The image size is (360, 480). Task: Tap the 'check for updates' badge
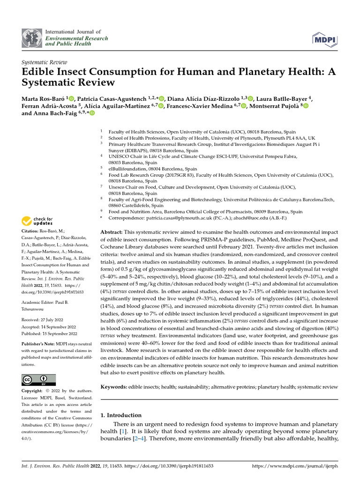tap(38, 221)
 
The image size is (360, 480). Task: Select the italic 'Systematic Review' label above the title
tap(45, 62)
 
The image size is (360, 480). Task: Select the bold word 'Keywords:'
tap(113, 387)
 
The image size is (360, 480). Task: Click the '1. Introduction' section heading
tap(121, 415)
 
